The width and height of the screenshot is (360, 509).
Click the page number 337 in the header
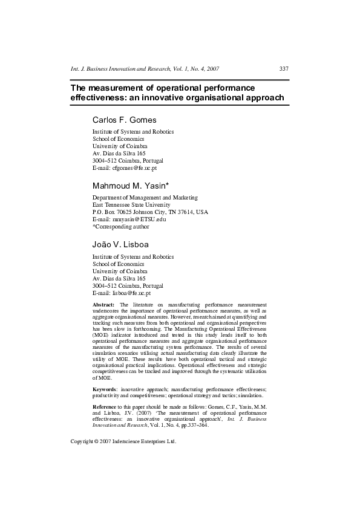point(284,68)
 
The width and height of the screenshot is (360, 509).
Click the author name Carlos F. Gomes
point(124,119)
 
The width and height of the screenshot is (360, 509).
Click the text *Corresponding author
point(121,227)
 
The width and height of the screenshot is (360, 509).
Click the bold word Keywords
point(105,389)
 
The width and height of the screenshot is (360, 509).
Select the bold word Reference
point(106,407)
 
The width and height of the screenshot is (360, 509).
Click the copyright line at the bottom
point(123,441)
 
